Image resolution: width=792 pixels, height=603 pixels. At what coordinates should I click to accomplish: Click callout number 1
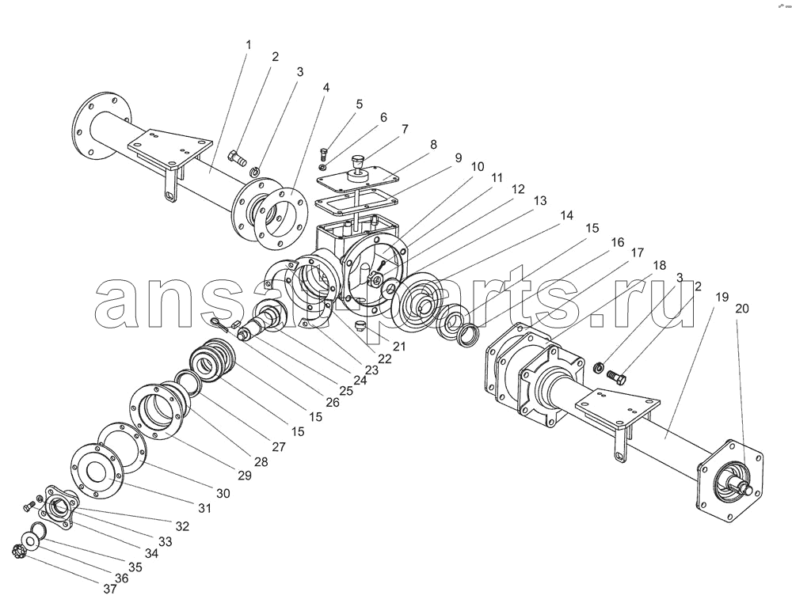pos(248,45)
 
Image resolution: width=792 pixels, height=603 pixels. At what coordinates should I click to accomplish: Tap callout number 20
pos(742,309)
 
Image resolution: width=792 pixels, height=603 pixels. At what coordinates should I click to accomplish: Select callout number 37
pos(109,589)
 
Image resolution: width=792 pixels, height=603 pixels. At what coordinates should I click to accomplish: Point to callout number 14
pos(567,215)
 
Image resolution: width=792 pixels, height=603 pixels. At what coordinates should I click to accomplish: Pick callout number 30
pos(223,493)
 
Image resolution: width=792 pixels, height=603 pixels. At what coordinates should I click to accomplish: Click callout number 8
pos(433,145)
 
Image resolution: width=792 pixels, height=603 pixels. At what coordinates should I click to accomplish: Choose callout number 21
pos(399,346)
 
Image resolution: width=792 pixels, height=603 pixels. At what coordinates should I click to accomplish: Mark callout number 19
pos(722,297)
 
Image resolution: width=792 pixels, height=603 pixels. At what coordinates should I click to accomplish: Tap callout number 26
pos(333,402)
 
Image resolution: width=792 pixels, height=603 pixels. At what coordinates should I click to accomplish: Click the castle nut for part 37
pos(19,549)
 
